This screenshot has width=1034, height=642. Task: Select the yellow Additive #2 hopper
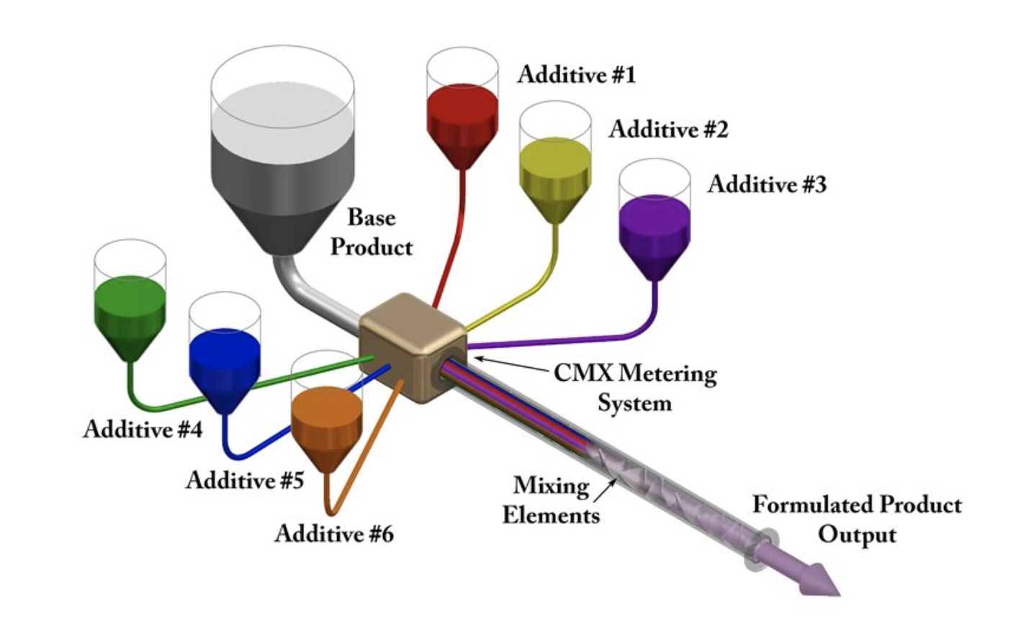[x=555, y=173]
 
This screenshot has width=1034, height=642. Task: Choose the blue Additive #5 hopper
[x=224, y=363]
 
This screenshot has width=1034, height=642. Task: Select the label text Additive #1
[x=576, y=74]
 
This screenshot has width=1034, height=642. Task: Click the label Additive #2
[x=668, y=129]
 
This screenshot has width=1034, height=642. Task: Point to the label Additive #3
[x=767, y=184]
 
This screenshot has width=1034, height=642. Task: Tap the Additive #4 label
[x=143, y=429]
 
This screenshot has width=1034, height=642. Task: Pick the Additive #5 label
[x=245, y=479]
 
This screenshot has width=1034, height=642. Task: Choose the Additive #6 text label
[x=334, y=533]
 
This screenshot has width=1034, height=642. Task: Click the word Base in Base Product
[x=372, y=217]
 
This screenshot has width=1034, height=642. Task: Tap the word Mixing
[x=551, y=486]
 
